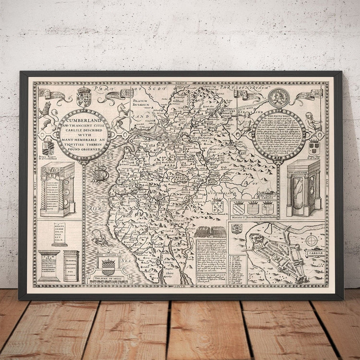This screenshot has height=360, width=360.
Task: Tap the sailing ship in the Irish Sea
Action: pos(100,172)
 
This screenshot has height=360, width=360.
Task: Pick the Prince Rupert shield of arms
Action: pos(48,147)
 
